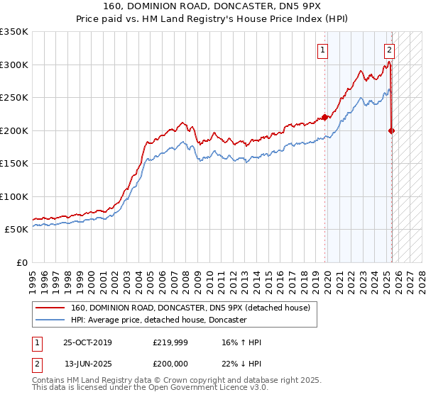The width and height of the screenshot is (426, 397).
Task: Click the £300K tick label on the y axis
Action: (14, 65)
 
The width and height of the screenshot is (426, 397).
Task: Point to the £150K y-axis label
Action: (14, 163)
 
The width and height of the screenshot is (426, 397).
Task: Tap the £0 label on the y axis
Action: (21, 262)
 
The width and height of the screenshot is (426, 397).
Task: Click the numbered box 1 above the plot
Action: (323, 50)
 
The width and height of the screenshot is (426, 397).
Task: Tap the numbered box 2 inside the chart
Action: (390, 50)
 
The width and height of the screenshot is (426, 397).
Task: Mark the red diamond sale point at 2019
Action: (325, 118)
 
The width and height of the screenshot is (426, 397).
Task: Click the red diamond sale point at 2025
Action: (392, 130)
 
